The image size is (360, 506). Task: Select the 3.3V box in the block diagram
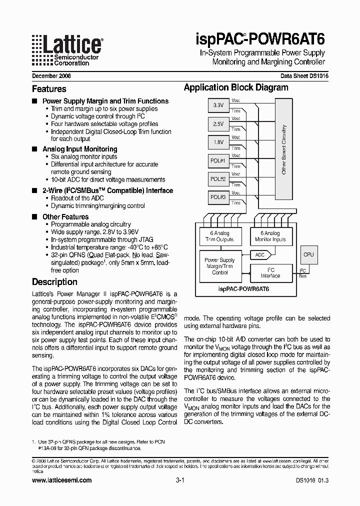[218, 105]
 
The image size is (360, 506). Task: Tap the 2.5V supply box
[218, 123]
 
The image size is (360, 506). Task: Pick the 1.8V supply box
[218, 142]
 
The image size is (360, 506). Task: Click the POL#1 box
[218, 160]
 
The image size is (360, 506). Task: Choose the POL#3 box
[218, 197]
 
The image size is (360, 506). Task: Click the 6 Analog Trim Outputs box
[220, 236]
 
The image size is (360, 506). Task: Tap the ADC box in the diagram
[260, 255]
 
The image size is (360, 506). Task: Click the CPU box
[308, 255]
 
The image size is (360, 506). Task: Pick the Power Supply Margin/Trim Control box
[220, 266]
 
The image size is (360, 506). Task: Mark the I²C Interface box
[270, 272]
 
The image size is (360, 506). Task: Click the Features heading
[49, 89]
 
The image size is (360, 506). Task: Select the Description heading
[54, 281]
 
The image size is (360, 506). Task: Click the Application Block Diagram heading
[236, 87]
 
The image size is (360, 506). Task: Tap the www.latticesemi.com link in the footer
[61, 480]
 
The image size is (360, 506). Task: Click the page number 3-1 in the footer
[180, 480]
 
